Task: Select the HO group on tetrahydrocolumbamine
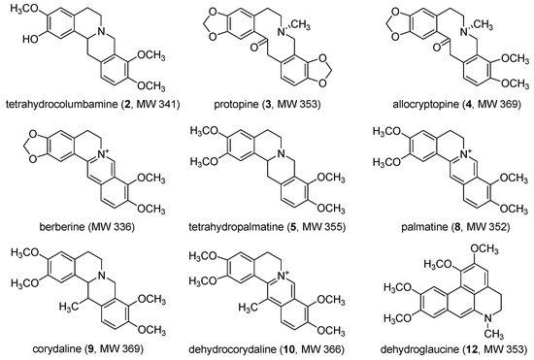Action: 21,44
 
